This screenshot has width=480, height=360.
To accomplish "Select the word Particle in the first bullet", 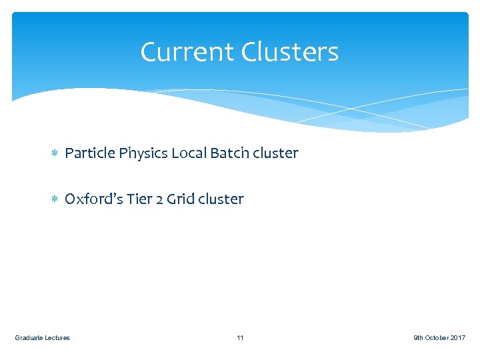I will tap(90, 153).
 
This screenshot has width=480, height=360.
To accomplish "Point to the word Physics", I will tap(143, 154).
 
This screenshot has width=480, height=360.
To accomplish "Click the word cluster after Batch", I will tap(276, 153).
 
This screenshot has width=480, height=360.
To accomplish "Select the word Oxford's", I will tap(89, 199).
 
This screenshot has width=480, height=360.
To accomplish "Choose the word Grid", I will tap(179, 199).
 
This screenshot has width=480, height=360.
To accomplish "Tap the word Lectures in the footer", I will tap(57, 338).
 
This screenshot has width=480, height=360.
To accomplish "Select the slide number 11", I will tap(240, 338).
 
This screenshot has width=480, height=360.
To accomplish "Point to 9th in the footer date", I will tap(419, 338).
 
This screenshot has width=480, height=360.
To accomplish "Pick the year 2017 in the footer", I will tap(458, 338).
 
